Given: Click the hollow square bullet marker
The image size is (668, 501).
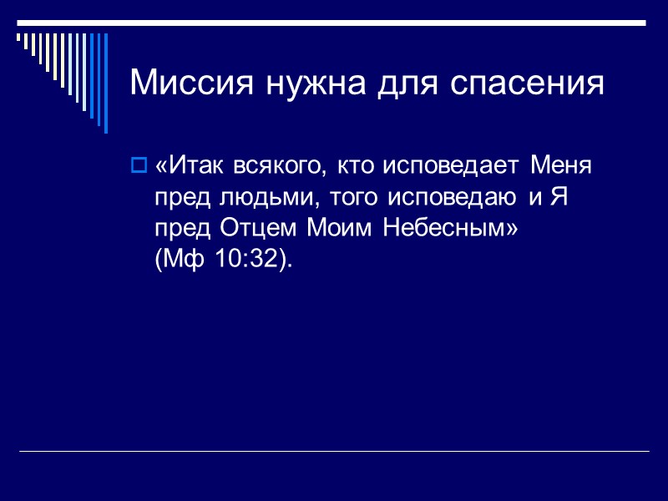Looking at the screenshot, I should tap(139, 165).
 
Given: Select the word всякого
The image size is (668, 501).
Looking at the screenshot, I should tap(280, 165).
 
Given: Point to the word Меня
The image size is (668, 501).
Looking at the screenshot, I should tap(561, 165).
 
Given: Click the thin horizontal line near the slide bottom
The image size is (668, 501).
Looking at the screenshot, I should tap(334, 452).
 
